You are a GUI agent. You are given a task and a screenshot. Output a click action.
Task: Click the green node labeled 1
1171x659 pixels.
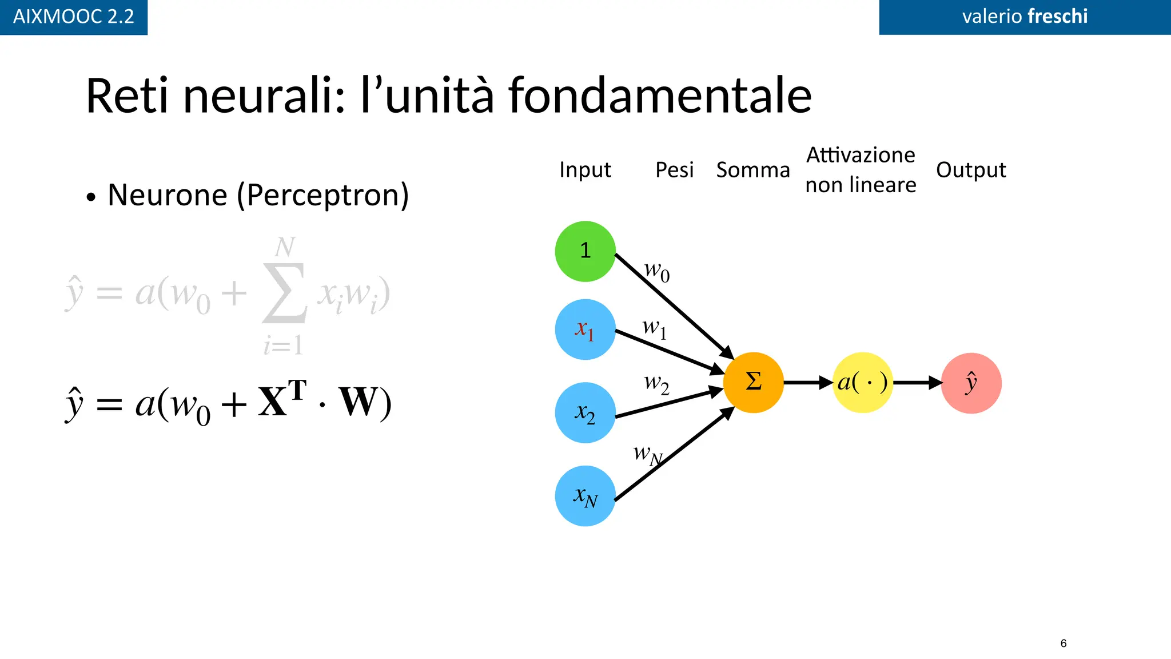(585, 251)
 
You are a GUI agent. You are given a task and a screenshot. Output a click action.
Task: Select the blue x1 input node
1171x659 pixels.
(585, 329)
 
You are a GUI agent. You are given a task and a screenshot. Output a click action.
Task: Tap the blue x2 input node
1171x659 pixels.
(585, 412)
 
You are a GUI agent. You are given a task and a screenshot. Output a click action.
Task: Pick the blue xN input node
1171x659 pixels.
(585, 496)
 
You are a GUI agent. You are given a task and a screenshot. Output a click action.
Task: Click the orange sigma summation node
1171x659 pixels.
(753, 382)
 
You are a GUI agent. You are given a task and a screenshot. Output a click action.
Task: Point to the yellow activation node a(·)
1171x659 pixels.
(862, 382)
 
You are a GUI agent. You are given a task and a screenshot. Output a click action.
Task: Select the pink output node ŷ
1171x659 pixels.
(971, 383)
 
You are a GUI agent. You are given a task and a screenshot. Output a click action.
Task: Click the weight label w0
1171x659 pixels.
(656, 271)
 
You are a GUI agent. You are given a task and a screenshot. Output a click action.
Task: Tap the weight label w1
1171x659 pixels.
(654, 328)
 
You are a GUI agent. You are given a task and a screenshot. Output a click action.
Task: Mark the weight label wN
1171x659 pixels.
(647, 455)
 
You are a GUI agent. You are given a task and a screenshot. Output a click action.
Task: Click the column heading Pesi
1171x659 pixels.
(674, 170)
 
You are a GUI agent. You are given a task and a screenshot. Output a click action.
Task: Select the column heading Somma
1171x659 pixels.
(752, 170)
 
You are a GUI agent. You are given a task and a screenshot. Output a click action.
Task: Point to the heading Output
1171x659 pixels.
(970, 170)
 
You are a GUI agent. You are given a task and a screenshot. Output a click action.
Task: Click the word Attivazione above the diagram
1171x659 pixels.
(861, 155)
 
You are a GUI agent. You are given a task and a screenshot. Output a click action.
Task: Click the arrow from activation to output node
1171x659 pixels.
(917, 382)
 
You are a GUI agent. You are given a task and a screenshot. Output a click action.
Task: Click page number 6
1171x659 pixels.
(1063, 643)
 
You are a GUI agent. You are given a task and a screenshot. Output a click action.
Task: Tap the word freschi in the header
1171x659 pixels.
(1057, 16)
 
